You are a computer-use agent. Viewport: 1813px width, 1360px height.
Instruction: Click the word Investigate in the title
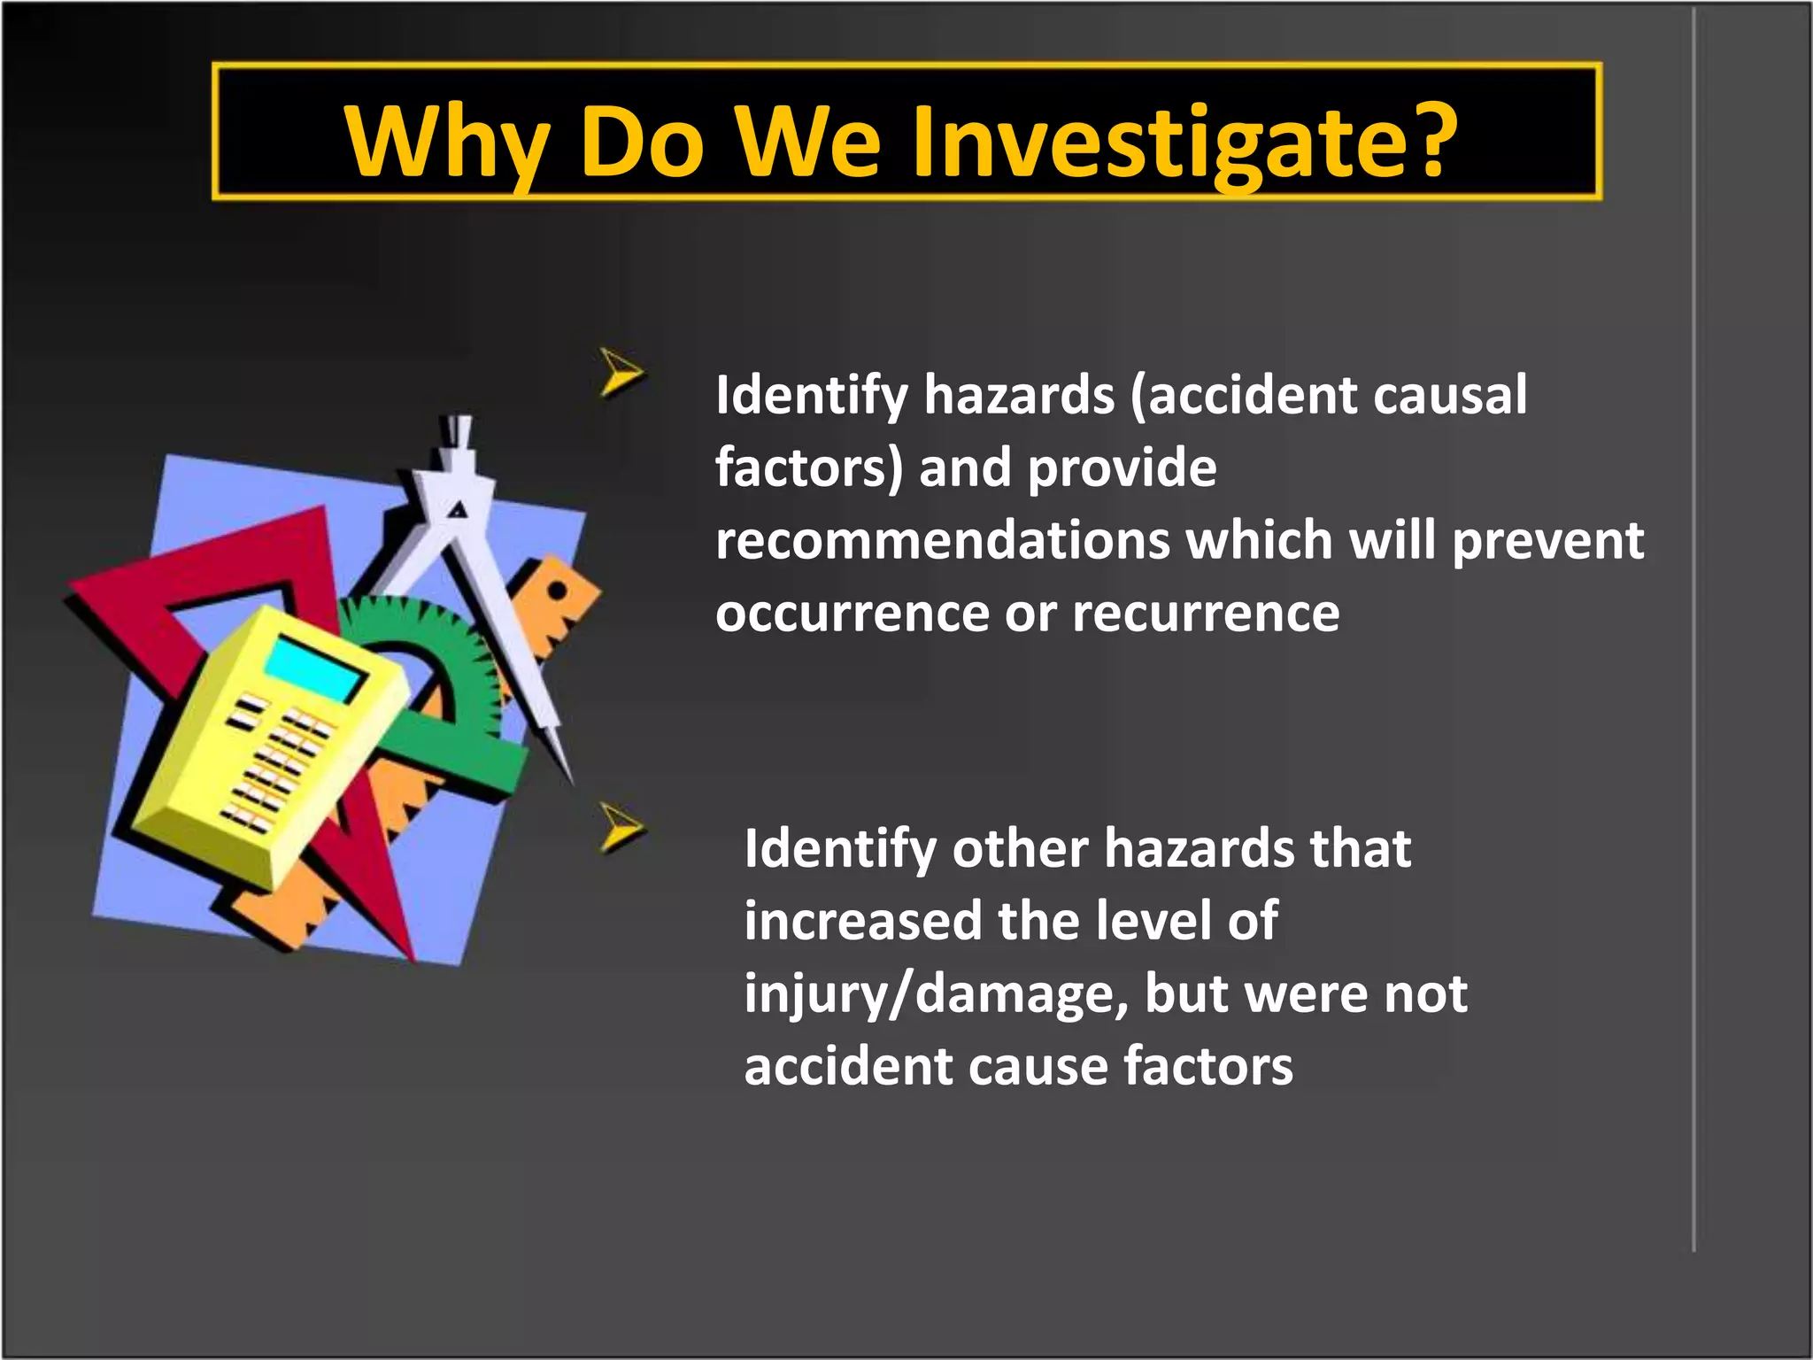(1151, 142)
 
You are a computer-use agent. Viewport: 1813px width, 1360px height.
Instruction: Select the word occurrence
(852, 613)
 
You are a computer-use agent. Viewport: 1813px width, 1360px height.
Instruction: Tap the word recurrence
(1206, 613)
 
